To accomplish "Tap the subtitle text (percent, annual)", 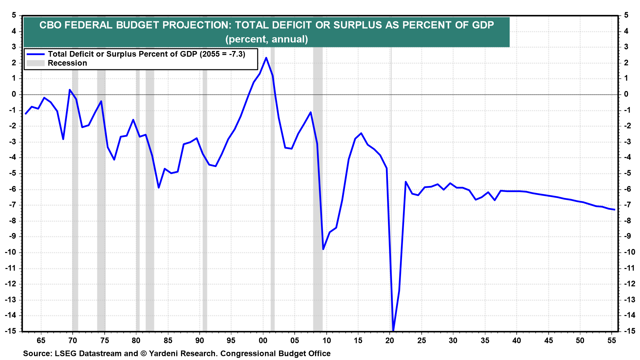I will [266, 39].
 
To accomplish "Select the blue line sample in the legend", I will [35, 54].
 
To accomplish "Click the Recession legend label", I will [67, 63].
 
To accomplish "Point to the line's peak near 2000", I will [266, 58].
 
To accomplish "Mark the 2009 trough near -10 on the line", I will [323, 249].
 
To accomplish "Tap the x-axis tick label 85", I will [168, 340].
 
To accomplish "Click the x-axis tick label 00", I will [263, 340].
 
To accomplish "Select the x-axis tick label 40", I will [516, 340].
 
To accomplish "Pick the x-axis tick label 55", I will [612, 340].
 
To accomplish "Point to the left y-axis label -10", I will [10, 252].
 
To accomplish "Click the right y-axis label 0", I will [626, 94].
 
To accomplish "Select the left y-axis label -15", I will [10, 331].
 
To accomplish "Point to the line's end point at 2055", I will [614, 210].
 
